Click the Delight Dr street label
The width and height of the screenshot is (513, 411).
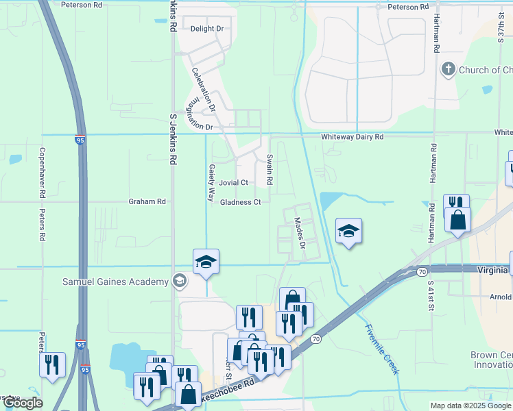(x=207, y=29)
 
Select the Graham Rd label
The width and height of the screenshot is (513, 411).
(x=147, y=201)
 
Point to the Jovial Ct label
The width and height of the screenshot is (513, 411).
(x=233, y=183)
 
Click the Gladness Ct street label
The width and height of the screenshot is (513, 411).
(x=241, y=202)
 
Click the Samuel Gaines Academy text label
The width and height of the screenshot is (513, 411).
(x=115, y=282)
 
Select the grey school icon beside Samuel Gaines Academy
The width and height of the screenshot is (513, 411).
(x=180, y=280)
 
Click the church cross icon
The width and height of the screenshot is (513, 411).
(x=448, y=69)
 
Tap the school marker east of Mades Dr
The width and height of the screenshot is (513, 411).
(x=348, y=232)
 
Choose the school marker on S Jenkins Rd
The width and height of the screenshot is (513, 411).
(x=206, y=262)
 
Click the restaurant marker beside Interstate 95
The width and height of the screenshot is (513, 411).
(x=52, y=365)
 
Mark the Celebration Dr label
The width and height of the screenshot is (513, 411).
(x=204, y=89)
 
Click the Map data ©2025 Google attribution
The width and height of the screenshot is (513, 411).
(x=470, y=406)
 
